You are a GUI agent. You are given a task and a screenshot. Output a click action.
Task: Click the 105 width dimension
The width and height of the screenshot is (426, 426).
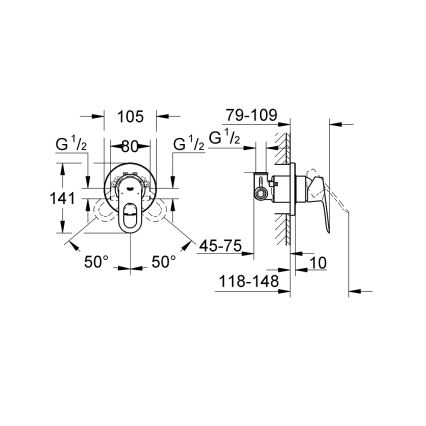(129, 116)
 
